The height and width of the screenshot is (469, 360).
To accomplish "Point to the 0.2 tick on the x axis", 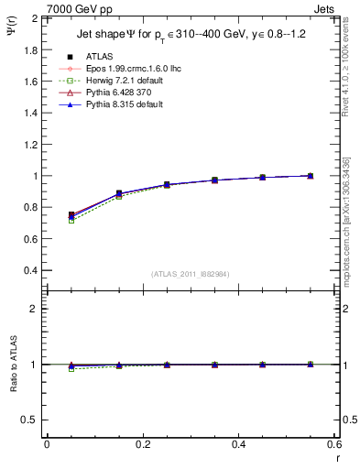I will point(142,444).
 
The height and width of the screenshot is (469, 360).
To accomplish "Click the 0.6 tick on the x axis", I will point(334,444).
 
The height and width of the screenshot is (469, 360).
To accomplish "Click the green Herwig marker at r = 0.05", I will point(71,221).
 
